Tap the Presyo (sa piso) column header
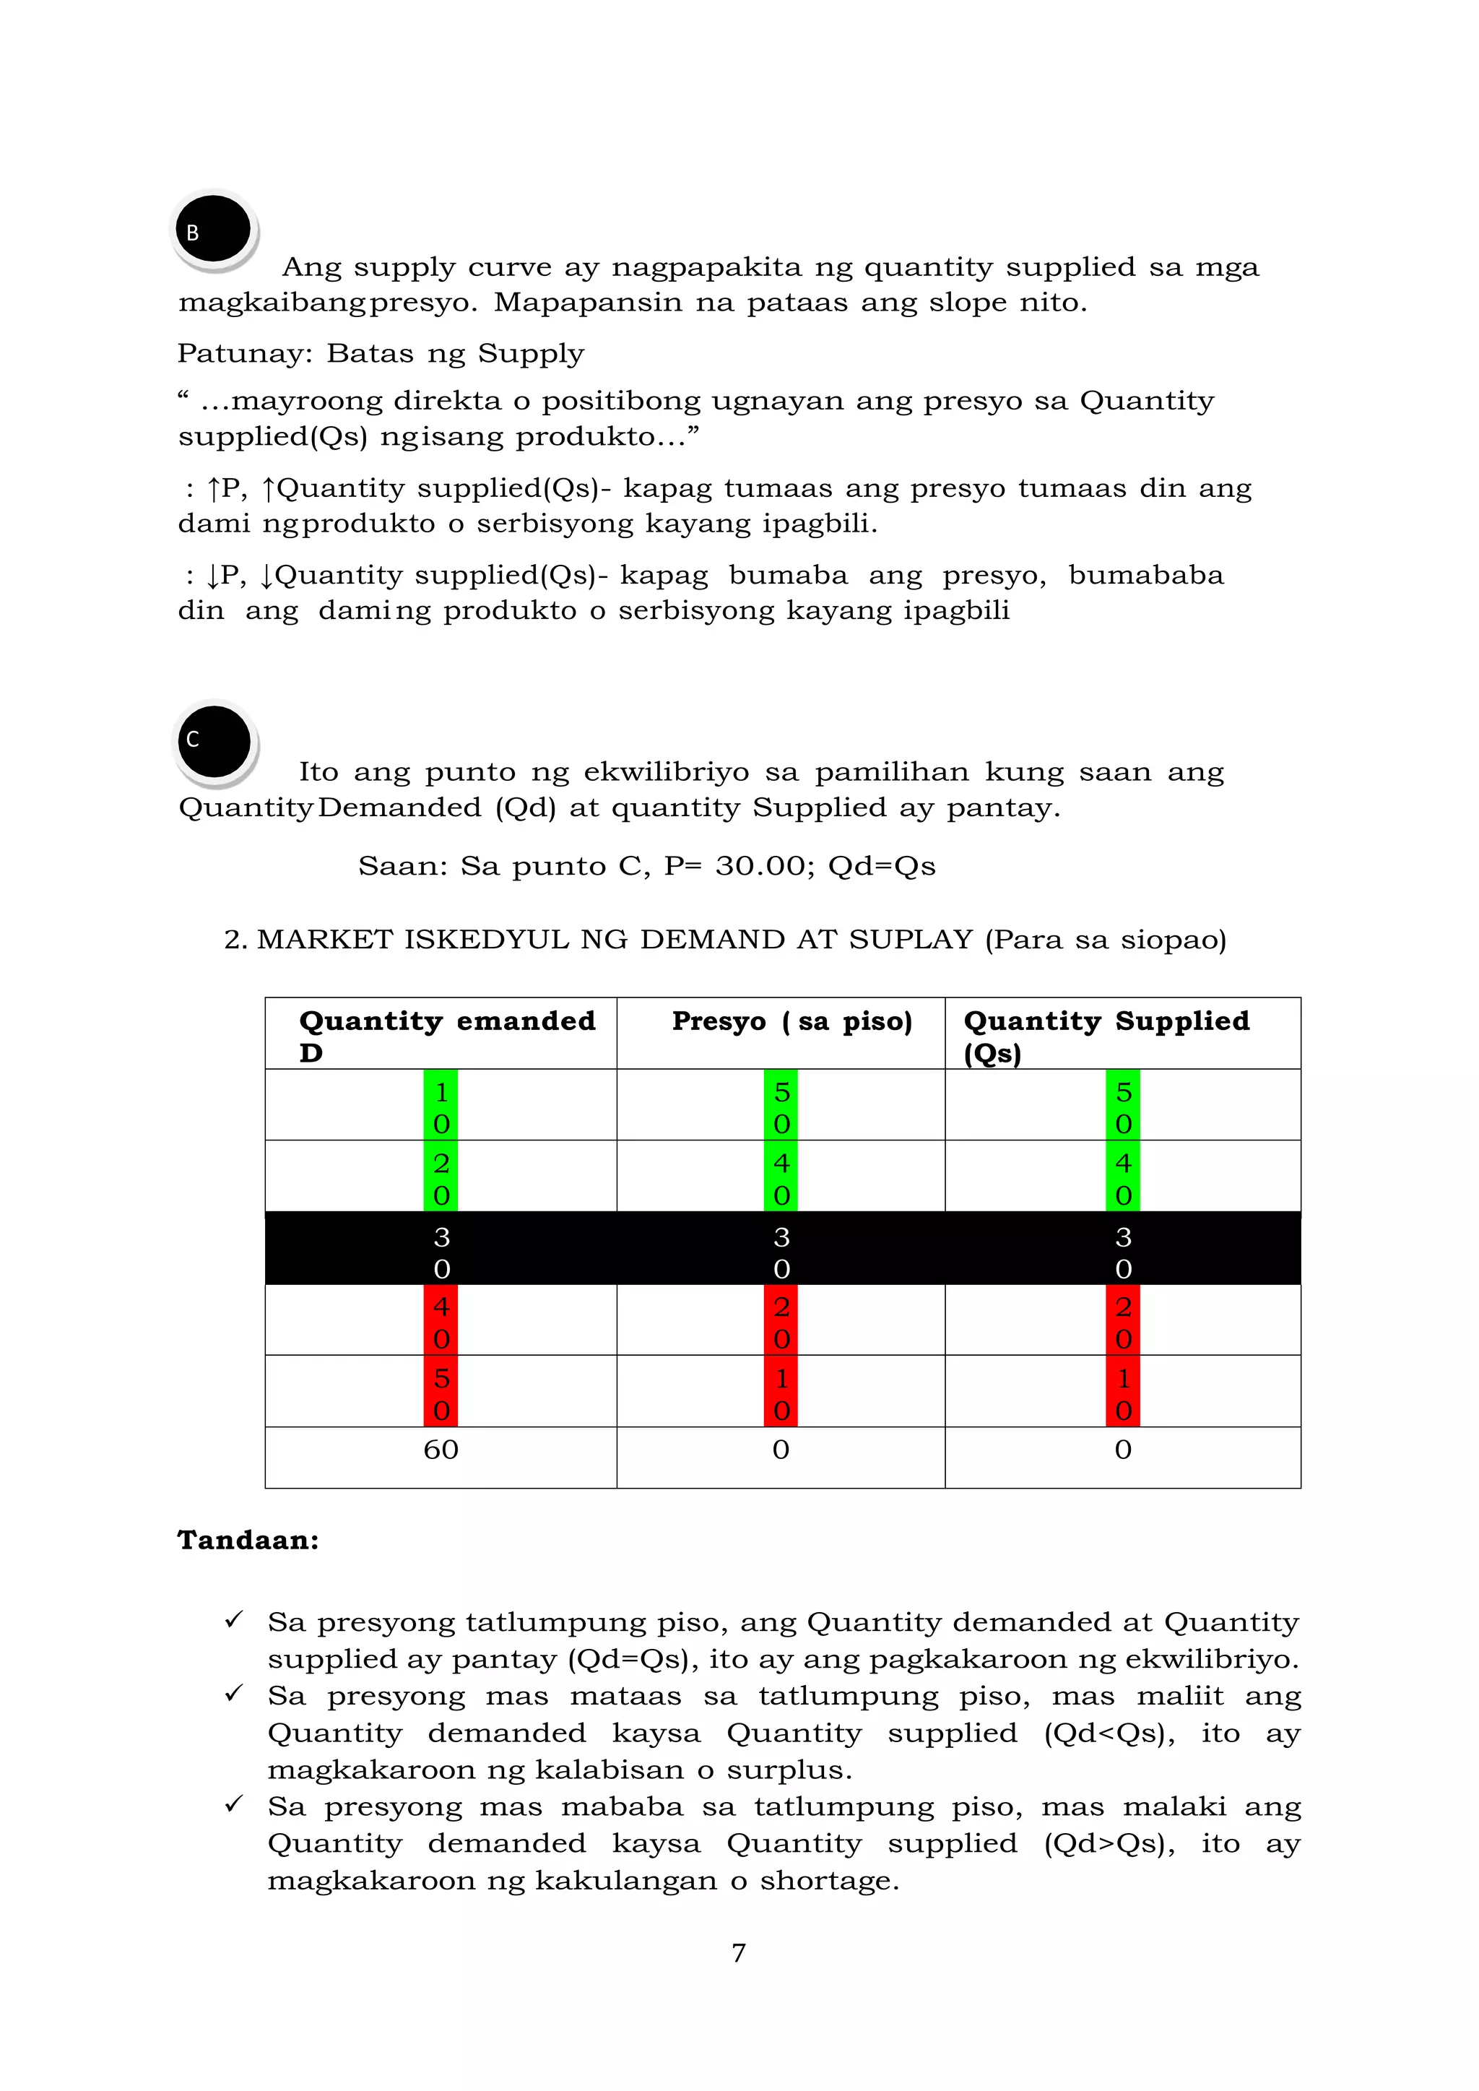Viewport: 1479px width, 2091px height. pyautogui.click(x=791, y=1022)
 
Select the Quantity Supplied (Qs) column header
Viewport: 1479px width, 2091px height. pyautogui.click(x=1106, y=1036)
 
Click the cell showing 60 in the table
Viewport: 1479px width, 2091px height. pyautogui.click(x=441, y=1450)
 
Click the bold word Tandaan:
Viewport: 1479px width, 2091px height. pyautogui.click(x=248, y=1540)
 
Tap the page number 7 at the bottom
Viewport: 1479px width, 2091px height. pyautogui.click(x=739, y=1952)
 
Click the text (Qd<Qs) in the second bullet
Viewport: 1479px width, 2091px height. pyautogui.click(x=1109, y=1733)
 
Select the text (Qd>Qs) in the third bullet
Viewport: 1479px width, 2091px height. pyautogui.click(x=1109, y=1843)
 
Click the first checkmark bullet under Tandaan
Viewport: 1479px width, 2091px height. pyautogui.click(x=234, y=1619)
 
